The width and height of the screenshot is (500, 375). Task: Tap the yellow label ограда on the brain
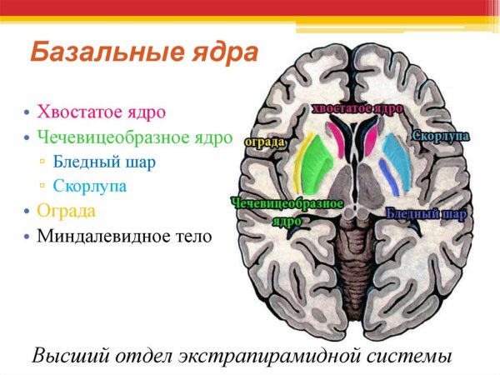tap(265, 142)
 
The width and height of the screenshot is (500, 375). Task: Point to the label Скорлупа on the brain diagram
tap(439, 136)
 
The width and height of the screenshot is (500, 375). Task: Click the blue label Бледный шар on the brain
tap(425, 214)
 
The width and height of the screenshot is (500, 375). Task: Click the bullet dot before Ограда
tap(27, 211)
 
